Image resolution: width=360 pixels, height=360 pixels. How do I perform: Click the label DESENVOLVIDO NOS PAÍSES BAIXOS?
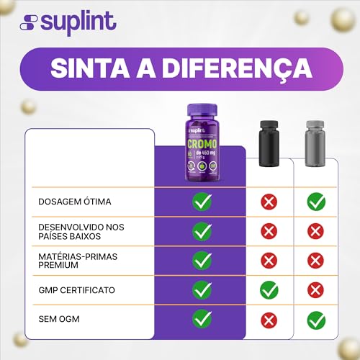(81, 231)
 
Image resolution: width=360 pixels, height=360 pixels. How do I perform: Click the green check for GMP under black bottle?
(269, 290)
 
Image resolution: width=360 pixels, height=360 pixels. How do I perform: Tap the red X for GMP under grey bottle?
(315, 290)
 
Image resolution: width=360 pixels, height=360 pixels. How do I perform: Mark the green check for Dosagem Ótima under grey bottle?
(315, 202)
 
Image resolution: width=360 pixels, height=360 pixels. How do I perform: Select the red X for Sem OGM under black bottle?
(269, 320)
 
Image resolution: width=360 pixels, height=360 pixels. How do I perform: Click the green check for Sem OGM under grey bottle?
(315, 320)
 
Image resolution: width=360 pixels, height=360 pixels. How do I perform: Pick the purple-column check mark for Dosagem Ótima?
(202, 202)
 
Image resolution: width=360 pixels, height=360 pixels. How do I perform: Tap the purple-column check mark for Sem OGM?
(202, 320)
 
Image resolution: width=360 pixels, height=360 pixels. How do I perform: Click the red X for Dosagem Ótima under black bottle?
(269, 202)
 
